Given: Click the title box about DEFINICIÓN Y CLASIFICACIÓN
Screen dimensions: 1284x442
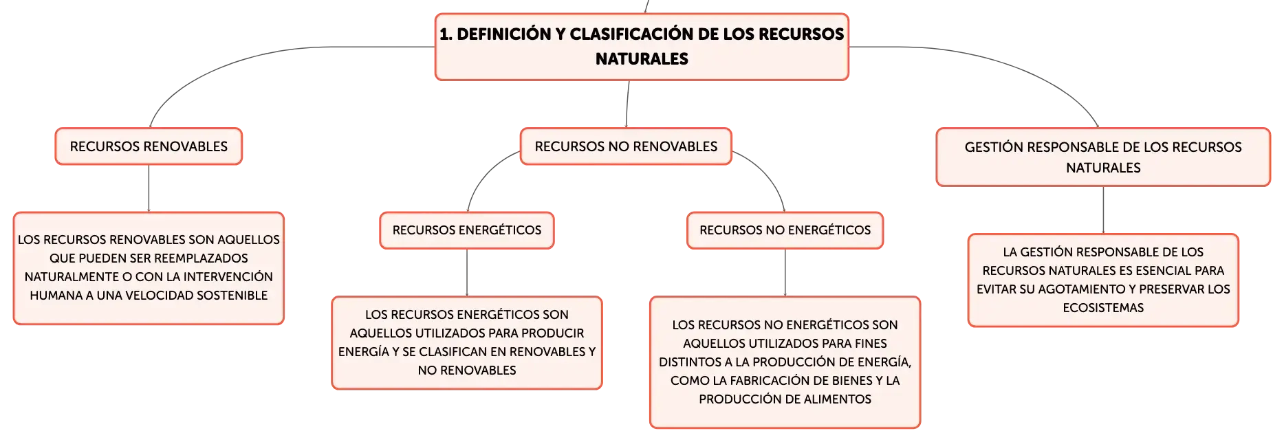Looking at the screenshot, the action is click(x=642, y=47).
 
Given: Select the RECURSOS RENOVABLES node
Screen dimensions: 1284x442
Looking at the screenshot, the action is click(x=149, y=146).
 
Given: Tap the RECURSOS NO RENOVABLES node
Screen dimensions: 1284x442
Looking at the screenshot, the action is click(x=626, y=146).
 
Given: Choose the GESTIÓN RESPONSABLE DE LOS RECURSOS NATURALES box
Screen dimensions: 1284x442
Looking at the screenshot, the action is click(x=1103, y=157).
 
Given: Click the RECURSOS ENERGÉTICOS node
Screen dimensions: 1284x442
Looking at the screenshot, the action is click(x=467, y=230).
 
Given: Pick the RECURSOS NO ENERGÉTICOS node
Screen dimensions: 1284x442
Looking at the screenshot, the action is click(x=785, y=230).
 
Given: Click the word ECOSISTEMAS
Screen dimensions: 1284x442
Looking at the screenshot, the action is click(x=1103, y=308).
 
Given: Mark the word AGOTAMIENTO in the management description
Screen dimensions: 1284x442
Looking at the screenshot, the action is click(x=1080, y=289).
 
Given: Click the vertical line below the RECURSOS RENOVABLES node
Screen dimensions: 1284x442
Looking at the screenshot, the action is click(x=149, y=188).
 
